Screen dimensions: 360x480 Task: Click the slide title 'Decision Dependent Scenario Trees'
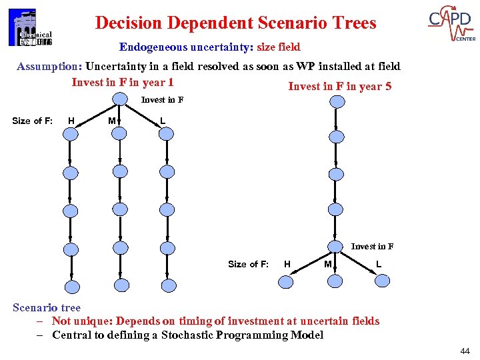pyautogui.click(x=235, y=23)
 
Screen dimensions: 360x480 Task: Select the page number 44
pyautogui.click(x=465, y=351)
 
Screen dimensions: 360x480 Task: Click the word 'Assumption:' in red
pyautogui.click(x=49, y=66)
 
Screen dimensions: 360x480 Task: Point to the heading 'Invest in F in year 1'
pyautogui.click(x=123, y=82)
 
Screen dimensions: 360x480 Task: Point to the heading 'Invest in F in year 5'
pyautogui.click(x=339, y=86)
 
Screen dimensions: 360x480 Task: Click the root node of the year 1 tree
pyautogui.click(x=119, y=99)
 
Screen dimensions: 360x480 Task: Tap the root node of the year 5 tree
pyautogui.click(x=338, y=101)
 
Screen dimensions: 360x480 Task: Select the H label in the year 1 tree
pyautogui.click(x=71, y=121)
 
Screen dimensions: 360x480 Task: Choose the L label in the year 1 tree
pyautogui.click(x=163, y=121)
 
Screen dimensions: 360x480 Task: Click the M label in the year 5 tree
pyautogui.click(x=327, y=264)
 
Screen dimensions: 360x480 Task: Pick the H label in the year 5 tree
pyautogui.click(x=287, y=264)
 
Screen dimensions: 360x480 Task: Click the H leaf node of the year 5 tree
pyautogui.click(x=286, y=281)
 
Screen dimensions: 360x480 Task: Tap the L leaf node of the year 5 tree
pyautogui.click(x=382, y=281)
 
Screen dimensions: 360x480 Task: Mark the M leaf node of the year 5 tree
pyautogui.click(x=337, y=281)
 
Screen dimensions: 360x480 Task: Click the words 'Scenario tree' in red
pyautogui.click(x=47, y=307)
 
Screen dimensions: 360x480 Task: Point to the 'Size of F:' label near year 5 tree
pyautogui.click(x=248, y=264)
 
